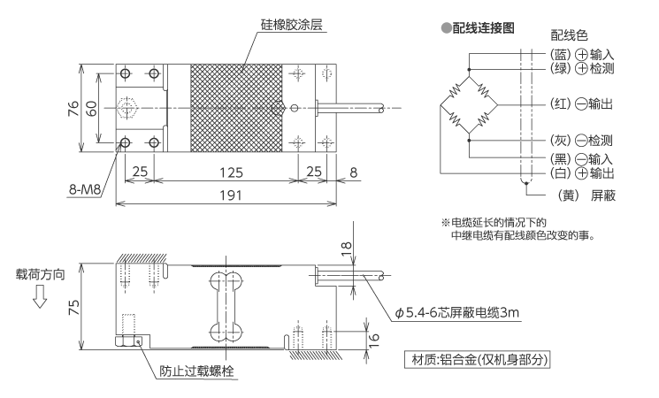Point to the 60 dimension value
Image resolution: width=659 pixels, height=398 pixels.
point(92,108)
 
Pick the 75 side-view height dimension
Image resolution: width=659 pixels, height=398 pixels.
point(74,306)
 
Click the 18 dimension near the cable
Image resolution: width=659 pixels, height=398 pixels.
point(346,250)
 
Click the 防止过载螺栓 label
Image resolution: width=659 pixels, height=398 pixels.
point(195,371)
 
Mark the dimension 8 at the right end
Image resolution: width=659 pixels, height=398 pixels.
point(353,171)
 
